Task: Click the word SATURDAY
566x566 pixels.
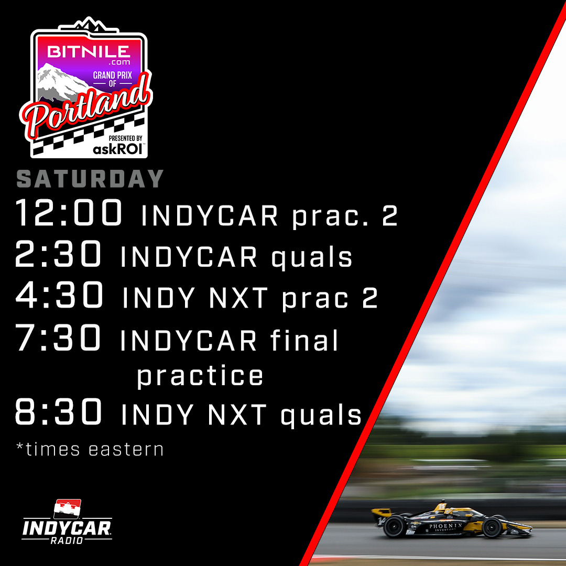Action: point(90,179)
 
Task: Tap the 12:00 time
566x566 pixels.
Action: point(69,213)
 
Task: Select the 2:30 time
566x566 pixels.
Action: point(59,255)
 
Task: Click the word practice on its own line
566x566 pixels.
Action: point(200,376)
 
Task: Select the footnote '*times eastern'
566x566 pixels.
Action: point(90,449)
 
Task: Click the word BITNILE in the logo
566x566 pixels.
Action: point(89,51)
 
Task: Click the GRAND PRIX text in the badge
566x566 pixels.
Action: point(112,75)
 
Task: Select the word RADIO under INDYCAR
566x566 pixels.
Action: point(67,540)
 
